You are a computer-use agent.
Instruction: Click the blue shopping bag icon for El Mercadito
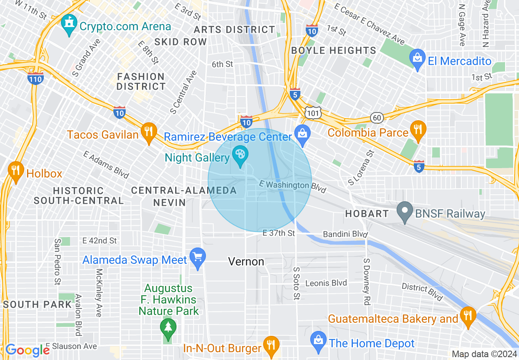coord(417,59)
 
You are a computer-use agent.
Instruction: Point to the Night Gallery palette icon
coord(240,155)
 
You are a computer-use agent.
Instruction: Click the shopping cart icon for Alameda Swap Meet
coord(198,258)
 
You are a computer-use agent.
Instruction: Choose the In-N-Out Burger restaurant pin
coord(271,346)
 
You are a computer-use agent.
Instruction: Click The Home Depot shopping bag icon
coord(318,340)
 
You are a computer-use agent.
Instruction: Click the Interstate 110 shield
coord(36,79)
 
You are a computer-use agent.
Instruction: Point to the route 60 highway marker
coord(377,118)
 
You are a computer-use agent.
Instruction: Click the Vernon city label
coord(246,261)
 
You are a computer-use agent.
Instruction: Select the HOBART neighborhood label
coord(367,214)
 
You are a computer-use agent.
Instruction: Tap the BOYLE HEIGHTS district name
coord(333,50)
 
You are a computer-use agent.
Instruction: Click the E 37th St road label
coord(278,233)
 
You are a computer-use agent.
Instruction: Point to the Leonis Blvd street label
coord(326,283)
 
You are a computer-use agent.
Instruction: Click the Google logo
coord(27,350)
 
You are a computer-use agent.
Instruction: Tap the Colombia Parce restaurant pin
coord(417,130)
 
